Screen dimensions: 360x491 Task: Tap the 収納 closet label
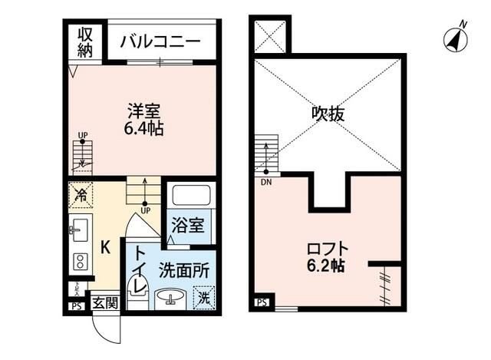click(x=84, y=42)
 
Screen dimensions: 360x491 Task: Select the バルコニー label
click(x=160, y=41)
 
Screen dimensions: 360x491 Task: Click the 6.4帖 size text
click(x=144, y=127)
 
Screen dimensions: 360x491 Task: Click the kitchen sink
click(x=80, y=228)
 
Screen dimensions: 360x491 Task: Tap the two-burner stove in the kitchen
click(x=80, y=259)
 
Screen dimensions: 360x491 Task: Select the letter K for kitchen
click(x=106, y=247)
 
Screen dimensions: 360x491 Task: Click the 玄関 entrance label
click(x=106, y=303)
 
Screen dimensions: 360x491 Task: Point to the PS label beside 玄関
click(x=76, y=305)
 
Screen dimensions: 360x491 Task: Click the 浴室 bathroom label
click(x=187, y=226)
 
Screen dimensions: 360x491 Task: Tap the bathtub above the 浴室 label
click(x=187, y=195)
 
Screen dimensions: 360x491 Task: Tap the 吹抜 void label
click(x=328, y=114)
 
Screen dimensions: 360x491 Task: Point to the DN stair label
click(x=266, y=181)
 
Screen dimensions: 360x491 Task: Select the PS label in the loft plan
click(x=262, y=303)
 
